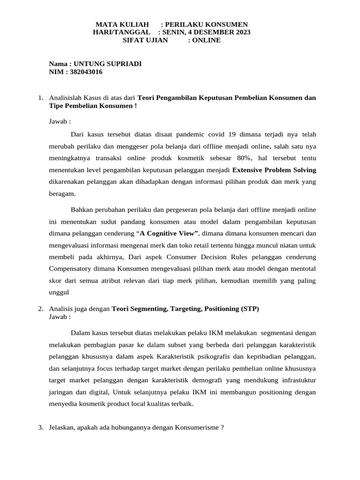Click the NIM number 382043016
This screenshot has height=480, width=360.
click(86, 72)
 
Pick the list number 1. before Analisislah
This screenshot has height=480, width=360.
click(41, 98)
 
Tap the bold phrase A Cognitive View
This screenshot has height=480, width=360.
click(168, 233)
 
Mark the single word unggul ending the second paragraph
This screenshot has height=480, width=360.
click(59, 292)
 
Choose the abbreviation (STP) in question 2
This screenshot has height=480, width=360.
click(250, 308)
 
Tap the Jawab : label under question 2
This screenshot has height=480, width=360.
click(60, 316)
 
